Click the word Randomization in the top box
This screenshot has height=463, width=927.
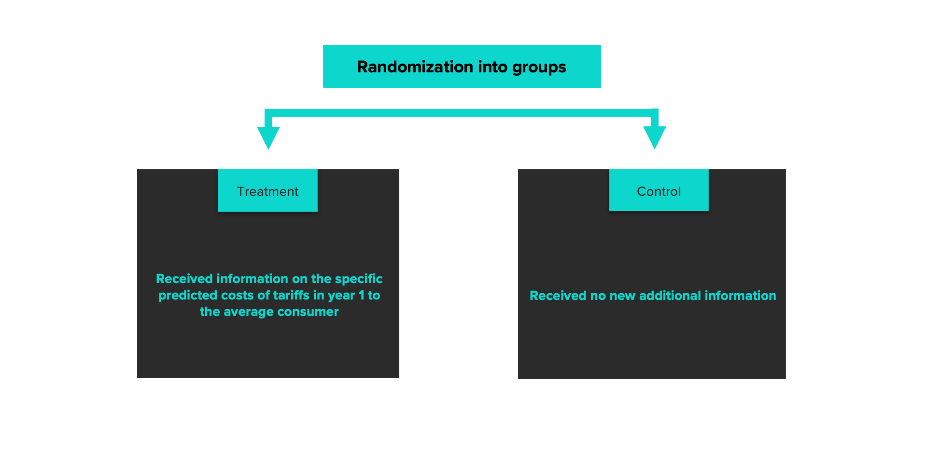(x=408, y=67)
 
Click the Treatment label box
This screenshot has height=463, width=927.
(x=268, y=191)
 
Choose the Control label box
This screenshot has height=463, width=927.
(x=659, y=191)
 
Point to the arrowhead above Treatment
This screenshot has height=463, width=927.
(x=268, y=137)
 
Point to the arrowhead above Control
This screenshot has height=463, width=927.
(x=655, y=137)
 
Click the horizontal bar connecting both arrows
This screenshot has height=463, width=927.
(x=462, y=113)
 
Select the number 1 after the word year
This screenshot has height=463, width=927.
(x=361, y=295)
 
